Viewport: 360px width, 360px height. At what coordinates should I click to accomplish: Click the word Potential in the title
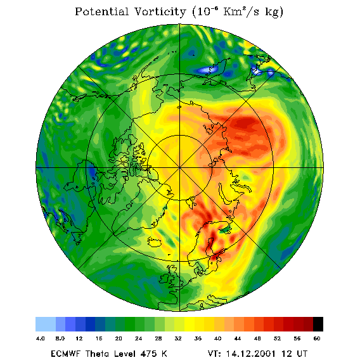(x=101, y=11)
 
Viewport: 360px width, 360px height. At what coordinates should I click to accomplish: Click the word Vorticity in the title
(x=160, y=11)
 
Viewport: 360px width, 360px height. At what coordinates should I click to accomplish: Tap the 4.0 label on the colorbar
(x=40, y=338)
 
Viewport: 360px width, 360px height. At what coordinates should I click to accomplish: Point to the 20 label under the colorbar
(x=119, y=338)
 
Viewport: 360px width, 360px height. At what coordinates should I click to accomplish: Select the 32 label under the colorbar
(x=178, y=338)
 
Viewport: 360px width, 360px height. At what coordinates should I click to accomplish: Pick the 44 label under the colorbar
(x=238, y=338)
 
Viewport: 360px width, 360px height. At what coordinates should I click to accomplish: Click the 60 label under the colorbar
(x=317, y=338)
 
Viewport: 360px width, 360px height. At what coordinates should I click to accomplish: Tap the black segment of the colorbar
(x=318, y=324)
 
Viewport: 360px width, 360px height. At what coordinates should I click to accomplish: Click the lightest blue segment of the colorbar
(x=46, y=324)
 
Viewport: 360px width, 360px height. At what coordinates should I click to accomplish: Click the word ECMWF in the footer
(x=65, y=354)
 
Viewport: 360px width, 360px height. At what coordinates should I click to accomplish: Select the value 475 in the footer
(x=149, y=354)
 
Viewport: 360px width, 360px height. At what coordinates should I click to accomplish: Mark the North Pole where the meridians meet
(x=180, y=168)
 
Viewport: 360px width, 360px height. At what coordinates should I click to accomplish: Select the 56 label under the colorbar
(x=297, y=338)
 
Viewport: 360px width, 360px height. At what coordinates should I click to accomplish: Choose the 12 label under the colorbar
(x=79, y=338)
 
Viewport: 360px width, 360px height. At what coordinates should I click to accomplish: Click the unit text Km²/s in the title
(x=241, y=11)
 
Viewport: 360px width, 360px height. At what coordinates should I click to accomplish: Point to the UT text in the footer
(x=301, y=354)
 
